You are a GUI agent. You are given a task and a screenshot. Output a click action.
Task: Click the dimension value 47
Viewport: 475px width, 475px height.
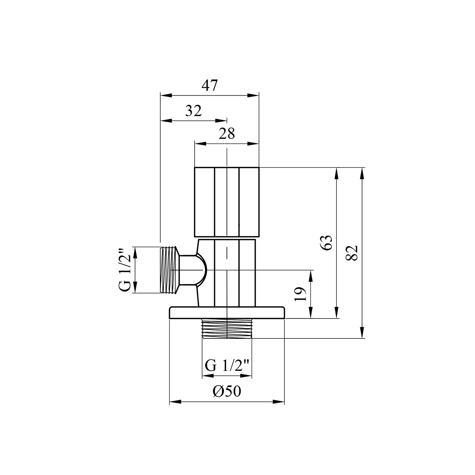point(210,85)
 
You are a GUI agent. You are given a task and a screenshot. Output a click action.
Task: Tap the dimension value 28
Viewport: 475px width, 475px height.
point(227,134)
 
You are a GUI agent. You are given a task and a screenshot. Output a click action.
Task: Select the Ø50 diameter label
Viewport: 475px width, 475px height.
point(227,392)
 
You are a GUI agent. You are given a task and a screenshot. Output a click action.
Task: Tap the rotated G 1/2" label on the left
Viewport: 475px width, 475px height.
point(125,270)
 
